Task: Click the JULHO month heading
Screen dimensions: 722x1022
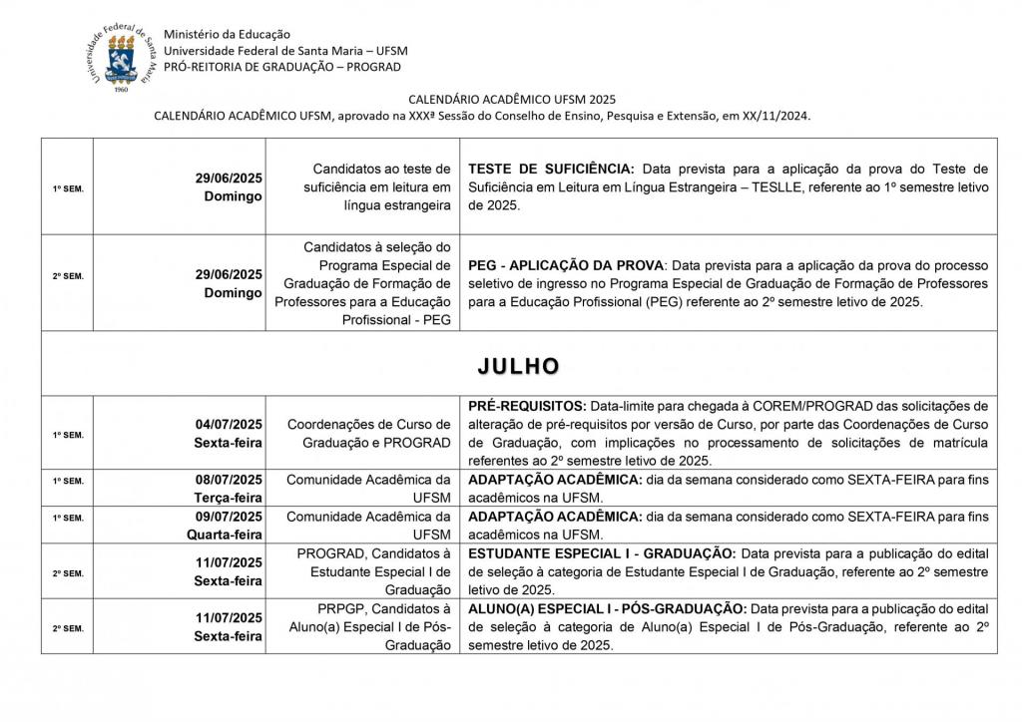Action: tap(518, 366)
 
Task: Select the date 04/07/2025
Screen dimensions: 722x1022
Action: tap(229, 424)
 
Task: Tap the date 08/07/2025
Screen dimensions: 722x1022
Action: tap(229, 481)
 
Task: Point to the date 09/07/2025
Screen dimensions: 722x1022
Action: tap(229, 517)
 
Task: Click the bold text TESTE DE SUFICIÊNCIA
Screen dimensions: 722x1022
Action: tap(551, 168)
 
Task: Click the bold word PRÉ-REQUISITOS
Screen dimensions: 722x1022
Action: tap(526, 407)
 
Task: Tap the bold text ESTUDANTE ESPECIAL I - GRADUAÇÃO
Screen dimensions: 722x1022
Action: tap(602, 553)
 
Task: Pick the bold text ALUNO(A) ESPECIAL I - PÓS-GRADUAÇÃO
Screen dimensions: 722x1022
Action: tap(607, 608)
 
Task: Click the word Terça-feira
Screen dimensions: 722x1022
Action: tap(228, 498)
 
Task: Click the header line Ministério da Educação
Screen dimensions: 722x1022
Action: tap(222, 35)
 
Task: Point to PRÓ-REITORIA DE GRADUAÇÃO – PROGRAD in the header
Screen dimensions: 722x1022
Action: tap(282, 67)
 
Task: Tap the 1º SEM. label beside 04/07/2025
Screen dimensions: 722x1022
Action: tap(68, 435)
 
